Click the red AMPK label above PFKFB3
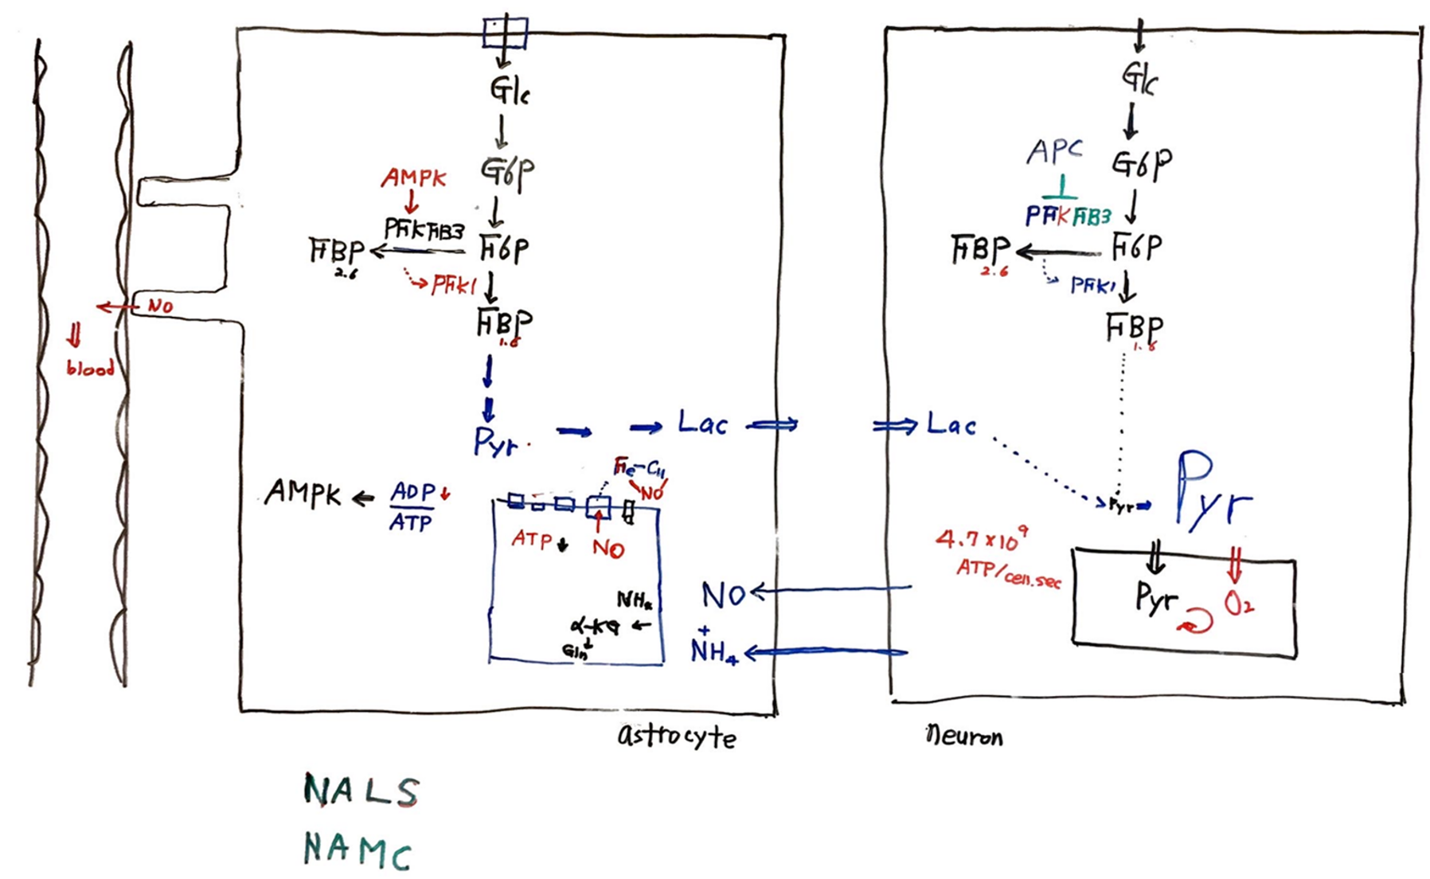pos(413,178)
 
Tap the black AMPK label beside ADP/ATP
pos(303,494)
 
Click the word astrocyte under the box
pos(677,736)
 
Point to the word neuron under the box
pos(964,736)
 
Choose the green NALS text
pos(361,791)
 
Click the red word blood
pos(90,369)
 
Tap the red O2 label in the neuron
pos(1238,605)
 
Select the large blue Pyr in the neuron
pos(1213,490)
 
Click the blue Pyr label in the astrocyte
pos(495,442)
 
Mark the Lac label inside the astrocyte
pos(702,424)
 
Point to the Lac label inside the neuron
pos(951,424)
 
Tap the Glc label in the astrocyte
pos(510,91)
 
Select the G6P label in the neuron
pos(1141,165)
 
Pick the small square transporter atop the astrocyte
pos(505,33)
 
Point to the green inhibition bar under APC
pos(1060,191)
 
